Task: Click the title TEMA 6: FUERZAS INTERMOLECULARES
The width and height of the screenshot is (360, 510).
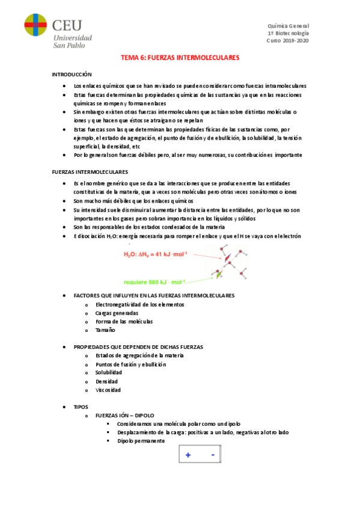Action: pos(180,58)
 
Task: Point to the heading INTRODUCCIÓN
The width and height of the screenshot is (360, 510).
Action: pos(72,74)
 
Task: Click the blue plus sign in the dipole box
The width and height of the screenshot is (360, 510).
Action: pos(188,455)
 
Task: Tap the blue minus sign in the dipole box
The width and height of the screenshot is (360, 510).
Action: pos(213,455)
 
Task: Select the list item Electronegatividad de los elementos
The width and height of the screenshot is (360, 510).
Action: pos(139,304)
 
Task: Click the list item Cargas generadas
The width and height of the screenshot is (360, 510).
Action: pos(117,313)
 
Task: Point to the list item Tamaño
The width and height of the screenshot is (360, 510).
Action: pos(105,330)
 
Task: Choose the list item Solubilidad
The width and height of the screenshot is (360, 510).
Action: pos(109,373)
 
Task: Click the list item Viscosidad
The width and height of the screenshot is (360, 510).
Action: pos(108,390)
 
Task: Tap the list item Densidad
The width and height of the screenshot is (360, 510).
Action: pos(106,381)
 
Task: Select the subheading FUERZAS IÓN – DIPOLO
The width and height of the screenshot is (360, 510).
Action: pos(125,415)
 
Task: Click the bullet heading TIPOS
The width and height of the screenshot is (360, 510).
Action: pos(81,407)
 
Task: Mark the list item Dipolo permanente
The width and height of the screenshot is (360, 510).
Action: pos(141,441)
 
